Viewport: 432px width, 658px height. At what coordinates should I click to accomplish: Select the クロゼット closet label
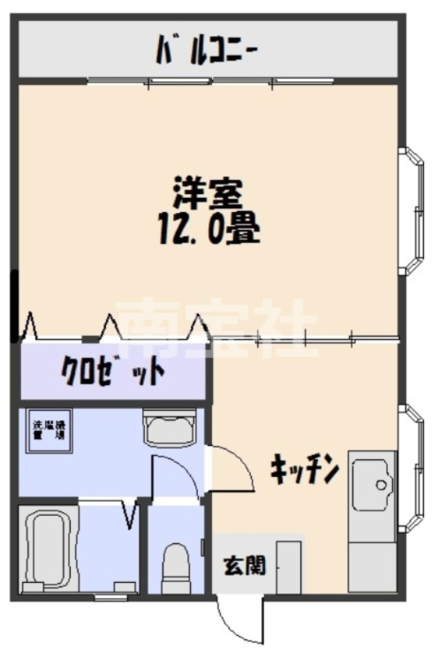click(x=112, y=370)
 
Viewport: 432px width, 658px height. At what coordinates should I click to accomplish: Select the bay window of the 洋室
click(x=412, y=210)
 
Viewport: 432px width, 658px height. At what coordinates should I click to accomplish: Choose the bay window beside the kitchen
click(x=412, y=468)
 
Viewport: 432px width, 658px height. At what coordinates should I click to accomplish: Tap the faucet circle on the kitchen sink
click(x=381, y=484)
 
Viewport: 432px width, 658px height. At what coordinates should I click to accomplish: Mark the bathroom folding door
click(x=131, y=511)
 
